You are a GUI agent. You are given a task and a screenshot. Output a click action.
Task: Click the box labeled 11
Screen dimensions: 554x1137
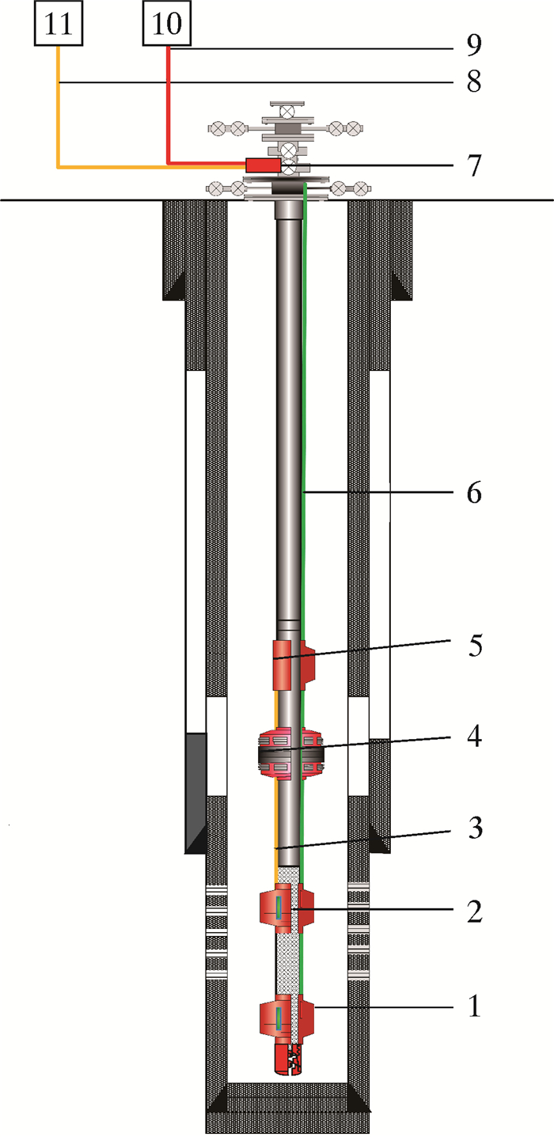click(x=59, y=23)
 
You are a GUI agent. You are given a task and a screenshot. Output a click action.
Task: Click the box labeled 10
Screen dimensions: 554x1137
click(x=167, y=23)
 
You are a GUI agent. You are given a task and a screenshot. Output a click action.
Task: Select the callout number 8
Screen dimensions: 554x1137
click(x=474, y=81)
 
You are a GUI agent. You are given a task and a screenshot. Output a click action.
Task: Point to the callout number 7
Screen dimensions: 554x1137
click(x=474, y=165)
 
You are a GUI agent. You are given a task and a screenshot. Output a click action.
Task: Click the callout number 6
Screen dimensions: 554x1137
click(x=474, y=492)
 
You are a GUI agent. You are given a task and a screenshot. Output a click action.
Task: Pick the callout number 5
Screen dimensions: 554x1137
click(x=476, y=646)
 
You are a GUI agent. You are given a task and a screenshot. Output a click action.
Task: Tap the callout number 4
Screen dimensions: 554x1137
click(x=474, y=736)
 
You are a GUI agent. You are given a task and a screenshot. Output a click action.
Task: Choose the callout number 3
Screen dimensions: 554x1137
click(x=476, y=828)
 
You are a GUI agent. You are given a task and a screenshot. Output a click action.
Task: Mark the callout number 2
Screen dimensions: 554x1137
click(x=474, y=911)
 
